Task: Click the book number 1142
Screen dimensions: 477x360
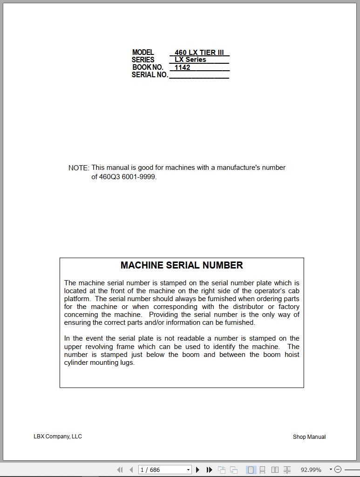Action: (x=183, y=67)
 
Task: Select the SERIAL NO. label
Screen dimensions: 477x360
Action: (x=149, y=75)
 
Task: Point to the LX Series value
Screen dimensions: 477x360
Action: (x=190, y=60)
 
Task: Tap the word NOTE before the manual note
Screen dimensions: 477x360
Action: (x=78, y=168)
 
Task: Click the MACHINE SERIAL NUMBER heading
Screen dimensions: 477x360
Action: (x=182, y=265)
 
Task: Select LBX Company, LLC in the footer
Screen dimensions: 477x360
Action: (x=58, y=437)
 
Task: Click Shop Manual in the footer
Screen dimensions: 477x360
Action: (x=309, y=437)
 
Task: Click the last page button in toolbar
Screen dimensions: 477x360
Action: (x=210, y=470)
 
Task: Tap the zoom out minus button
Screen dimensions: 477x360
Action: (x=338, y=470)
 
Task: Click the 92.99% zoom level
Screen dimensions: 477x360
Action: (x=311, y=470)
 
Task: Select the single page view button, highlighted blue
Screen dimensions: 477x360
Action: (x=251, y=470)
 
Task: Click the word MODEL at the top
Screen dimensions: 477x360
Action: (x=143, y=53)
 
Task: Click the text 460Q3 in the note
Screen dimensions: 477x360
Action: (x=109, y=177)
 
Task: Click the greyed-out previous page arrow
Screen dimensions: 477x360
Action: (x=131, y=470)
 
